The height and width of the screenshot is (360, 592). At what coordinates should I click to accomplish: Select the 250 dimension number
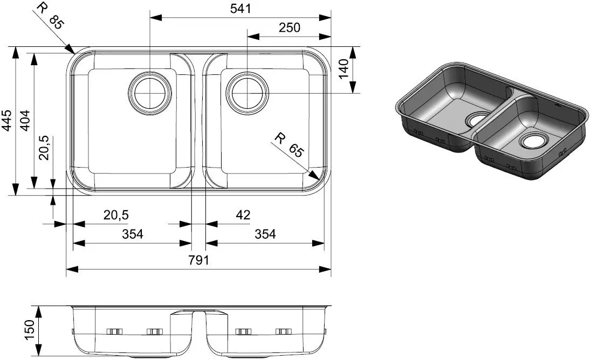click(x=290, y=27)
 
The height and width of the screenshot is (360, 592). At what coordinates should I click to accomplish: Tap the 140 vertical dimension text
click(x=345, y=70)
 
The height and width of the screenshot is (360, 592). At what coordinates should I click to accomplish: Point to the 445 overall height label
click(x=7, y=121)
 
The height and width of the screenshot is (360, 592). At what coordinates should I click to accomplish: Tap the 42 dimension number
click(x=243, y=215)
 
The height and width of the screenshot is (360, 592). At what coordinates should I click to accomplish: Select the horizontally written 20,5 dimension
click(x=116, y=215)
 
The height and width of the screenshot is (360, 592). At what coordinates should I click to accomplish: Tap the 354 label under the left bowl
click(x=132, y=234)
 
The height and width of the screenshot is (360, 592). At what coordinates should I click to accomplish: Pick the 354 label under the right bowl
click(x=265, y=234)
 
